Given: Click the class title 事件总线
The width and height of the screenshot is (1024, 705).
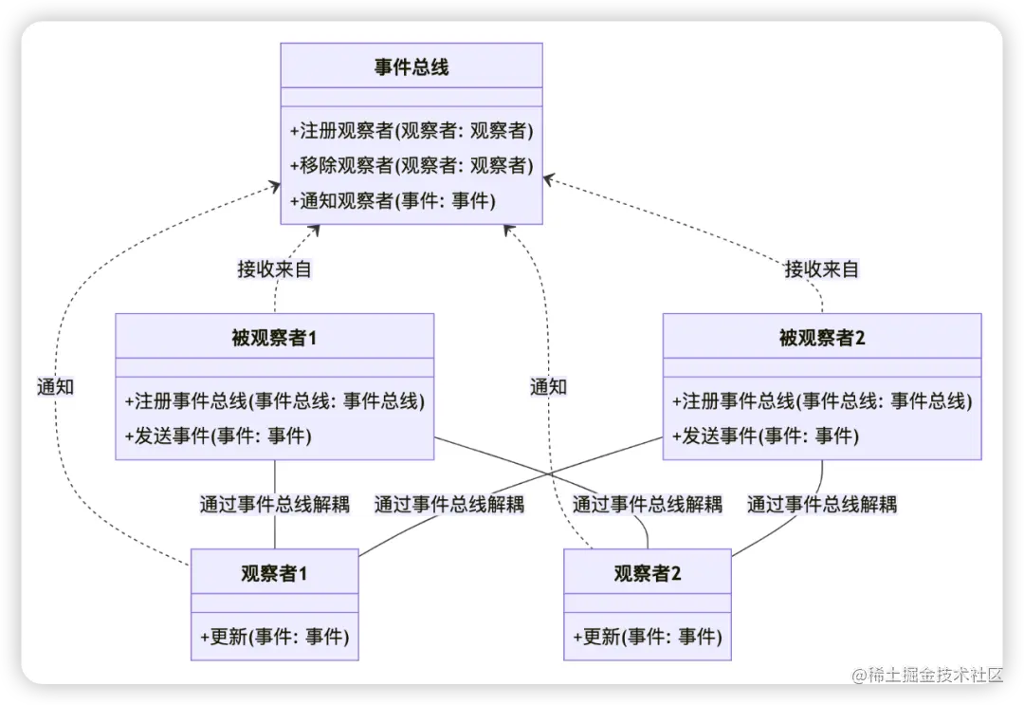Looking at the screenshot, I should coord(411,67).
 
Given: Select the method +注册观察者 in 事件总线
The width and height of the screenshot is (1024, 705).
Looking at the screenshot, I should coord(411,130).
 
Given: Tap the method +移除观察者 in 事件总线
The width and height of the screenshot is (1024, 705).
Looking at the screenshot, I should coord(411,165).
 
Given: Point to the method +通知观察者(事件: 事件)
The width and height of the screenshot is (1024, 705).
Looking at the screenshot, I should coord(393,200).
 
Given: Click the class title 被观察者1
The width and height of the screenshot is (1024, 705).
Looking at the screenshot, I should coord(274,338).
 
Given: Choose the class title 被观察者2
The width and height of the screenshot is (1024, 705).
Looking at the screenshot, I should coord(822,338).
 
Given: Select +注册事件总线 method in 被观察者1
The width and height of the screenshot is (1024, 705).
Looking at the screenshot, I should coord(274,400).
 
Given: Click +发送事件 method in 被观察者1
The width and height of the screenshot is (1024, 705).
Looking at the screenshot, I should coord(218,436).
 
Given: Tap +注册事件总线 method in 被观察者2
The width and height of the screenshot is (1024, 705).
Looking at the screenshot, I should coord(822,400).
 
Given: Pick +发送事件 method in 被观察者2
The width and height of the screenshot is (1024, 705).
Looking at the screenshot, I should coord(765,436).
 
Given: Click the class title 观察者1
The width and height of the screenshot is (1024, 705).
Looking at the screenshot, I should coord(274,573).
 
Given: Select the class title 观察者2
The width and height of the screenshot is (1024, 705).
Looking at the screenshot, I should coord(648,573).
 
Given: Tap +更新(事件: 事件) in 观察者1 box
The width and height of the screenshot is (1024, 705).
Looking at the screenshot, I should coord(274,636).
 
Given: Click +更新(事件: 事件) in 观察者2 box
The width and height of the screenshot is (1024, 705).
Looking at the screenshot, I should coord(648,636).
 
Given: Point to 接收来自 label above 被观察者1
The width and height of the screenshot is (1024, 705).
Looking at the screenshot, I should coord(274,269).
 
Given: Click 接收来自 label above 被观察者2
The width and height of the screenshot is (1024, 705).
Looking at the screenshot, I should coord(821,269).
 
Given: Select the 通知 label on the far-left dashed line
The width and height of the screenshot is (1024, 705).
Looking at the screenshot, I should coord(55,386).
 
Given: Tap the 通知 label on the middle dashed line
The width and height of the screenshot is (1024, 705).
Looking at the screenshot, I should coord(548,386).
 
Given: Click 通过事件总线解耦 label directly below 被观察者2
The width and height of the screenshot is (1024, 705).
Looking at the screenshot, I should coord(821,504).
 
